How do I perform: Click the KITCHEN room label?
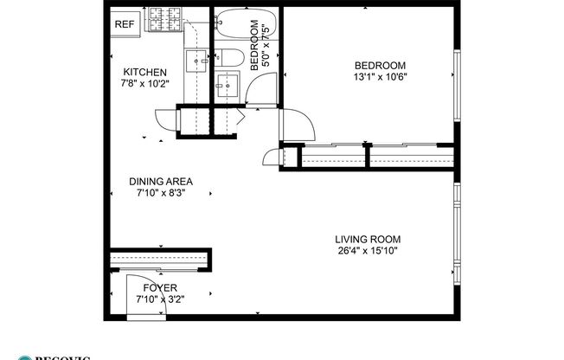[144, 72]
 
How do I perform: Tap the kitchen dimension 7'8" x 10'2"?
[144, 84]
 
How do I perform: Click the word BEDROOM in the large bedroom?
[380, 65]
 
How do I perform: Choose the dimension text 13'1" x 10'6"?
[380, 77]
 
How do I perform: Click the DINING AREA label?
[161, 182]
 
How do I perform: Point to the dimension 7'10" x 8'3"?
[161, 194]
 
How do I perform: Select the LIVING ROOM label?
[369, 239]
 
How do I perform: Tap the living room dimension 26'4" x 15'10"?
[369, 251]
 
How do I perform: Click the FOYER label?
[161, 287]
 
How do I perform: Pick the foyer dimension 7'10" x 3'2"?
[161, 299]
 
